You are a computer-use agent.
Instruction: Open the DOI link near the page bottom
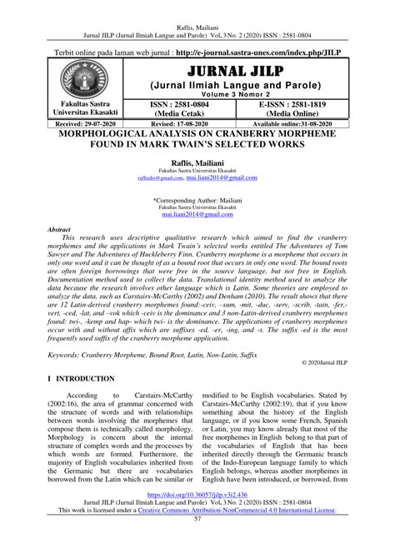click(x=197, y=516)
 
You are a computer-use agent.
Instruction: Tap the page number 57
click(x=197, y=544)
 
